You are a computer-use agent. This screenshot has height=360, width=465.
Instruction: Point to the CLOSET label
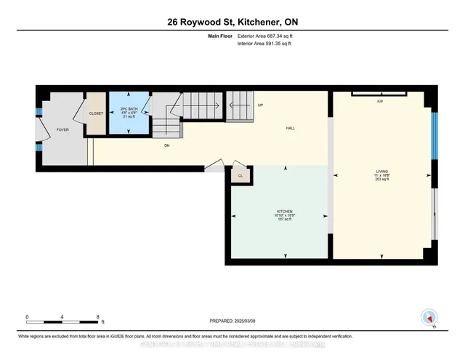tap(97, 113)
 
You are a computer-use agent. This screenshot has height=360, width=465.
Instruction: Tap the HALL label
tap(290, 129)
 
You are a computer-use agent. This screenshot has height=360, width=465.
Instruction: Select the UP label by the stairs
tap(261, 105)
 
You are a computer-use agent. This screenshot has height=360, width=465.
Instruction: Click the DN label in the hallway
tap(166, 145)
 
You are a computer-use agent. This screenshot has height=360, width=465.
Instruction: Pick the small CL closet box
tap(240, 175)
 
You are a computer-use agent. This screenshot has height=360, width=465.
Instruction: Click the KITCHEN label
tap(279, 210)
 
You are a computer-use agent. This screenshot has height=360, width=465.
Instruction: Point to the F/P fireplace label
tap(379, 101)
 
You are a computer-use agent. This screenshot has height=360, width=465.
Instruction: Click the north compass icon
tap(429, 317)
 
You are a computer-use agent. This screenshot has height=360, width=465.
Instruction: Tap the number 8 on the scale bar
tap(97, 317)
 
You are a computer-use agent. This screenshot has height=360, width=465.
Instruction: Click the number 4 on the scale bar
tap(62, 317)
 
